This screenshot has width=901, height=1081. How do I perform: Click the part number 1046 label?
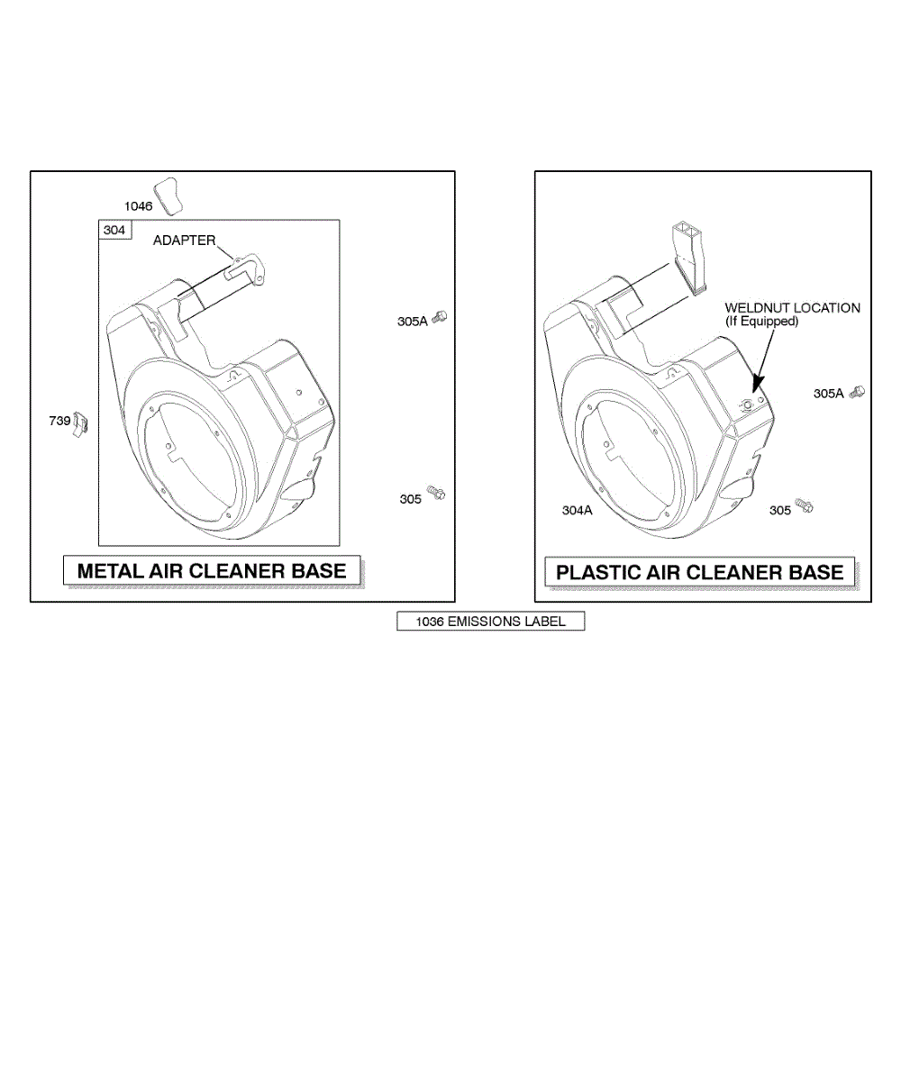138,206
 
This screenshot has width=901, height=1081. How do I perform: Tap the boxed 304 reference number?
114,230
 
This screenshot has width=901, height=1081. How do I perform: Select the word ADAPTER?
185,241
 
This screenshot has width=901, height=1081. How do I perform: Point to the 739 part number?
59,421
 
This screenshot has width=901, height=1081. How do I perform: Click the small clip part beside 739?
80,424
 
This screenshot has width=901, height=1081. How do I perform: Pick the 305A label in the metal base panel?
412,322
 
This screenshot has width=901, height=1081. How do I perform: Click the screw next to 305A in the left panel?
440,316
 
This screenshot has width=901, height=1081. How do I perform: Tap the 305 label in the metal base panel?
410,499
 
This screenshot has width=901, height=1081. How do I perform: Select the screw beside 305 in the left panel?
436,493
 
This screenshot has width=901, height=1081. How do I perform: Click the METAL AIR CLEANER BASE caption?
212,571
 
